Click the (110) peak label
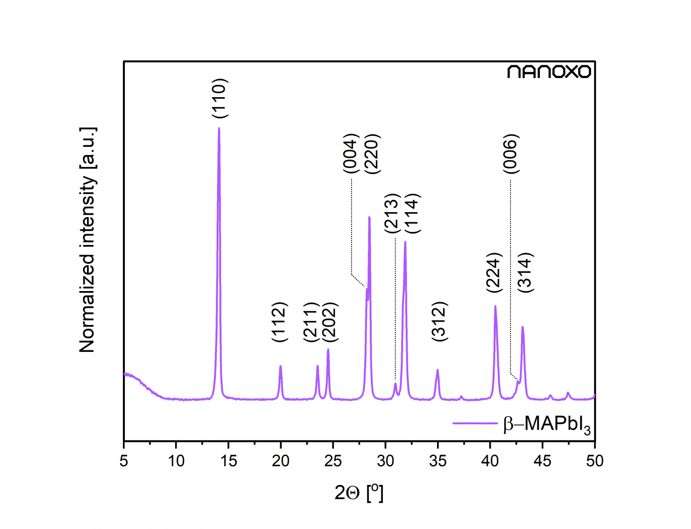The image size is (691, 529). point(220,98)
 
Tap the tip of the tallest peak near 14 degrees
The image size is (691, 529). point(219,128)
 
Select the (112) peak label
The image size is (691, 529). point(279,322)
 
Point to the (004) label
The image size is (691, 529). point(351,153)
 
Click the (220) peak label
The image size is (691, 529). point(372,153)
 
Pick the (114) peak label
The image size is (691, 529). point(412,213)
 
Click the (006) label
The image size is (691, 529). point(511,153)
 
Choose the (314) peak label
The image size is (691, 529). point(526,272)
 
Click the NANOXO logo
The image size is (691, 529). point(549,71)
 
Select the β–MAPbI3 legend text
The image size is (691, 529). point(546,424)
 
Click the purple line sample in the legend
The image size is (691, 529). point(474,423)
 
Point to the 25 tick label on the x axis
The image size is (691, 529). point(333,461)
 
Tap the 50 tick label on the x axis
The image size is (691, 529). point(594,461)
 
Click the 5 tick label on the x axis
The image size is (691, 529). point(124,461)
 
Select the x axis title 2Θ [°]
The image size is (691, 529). point(359,492)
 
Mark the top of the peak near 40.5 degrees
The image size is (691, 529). point(495,306)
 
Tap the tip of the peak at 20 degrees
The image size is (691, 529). point(280,366)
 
